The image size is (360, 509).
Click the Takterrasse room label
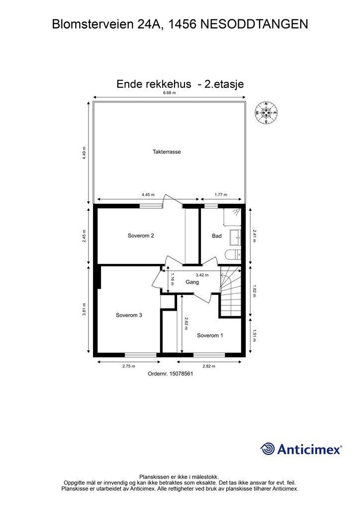(167, 152)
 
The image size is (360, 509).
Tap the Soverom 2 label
(141, 236)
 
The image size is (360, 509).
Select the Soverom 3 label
(129, 315)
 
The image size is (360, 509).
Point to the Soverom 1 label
(210, 335)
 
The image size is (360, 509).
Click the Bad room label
(217, 236)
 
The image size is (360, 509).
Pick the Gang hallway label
(192, 282)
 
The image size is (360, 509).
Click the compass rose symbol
(266, 113)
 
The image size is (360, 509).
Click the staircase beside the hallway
(231, 293)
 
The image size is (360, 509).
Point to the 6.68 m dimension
(170, 92)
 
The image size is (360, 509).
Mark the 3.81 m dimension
(85, 310)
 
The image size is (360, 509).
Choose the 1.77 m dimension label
(221, 195)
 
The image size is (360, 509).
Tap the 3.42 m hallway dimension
(202, 274)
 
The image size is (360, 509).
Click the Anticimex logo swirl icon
(268, 449)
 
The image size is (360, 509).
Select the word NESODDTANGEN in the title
(254, 24)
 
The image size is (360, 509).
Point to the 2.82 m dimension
(209, 366)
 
